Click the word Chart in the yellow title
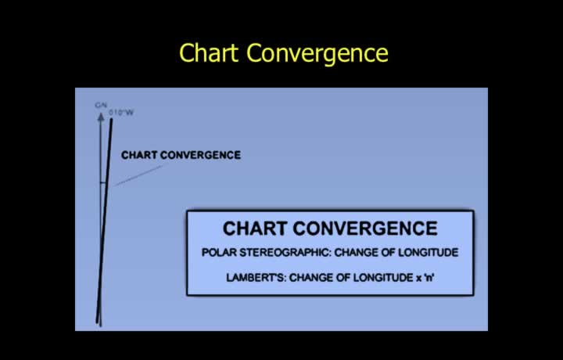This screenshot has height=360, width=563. tap(209, 52)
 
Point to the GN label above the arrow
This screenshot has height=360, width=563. tap(101, 106)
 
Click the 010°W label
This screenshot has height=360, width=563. tap(121, 113)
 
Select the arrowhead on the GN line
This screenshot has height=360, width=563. tap(101, 117)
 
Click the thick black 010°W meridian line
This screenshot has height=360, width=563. tap(104, 221)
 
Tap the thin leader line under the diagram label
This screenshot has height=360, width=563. tap(138, 175)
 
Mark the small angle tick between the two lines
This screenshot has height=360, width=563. tap(103, 183)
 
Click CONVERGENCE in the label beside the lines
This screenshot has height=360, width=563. tap(200, 155)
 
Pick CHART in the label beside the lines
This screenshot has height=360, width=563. tap(139, 155)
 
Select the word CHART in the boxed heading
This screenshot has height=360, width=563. tap(255, 229)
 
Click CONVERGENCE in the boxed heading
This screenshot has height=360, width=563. tap(365, 229)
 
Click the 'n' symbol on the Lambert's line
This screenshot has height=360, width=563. tap(429, 278)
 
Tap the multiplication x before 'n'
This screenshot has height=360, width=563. tap(419, 279)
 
